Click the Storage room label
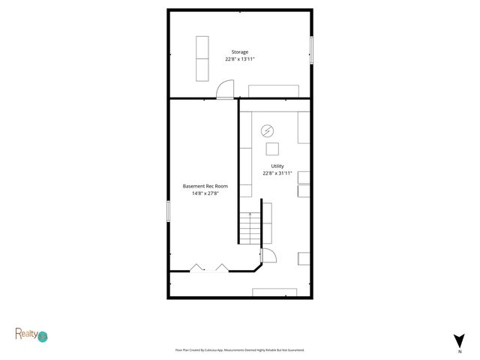coord(239,52)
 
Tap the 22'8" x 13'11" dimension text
coord(239,59)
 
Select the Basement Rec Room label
coord(205,186)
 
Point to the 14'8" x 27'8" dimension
coord(205,193)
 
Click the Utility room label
coord(277,166)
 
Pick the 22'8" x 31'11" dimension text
coord(277,172)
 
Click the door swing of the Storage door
coord(224,90)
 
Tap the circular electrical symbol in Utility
coord(267,131)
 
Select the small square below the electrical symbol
coord(272,148)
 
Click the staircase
coord(249,227)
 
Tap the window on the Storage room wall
coord(311,50)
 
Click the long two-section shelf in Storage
coord(202,58)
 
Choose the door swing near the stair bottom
coord(269,256)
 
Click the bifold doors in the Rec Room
coord(209,268)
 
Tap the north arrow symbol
coord(459,340)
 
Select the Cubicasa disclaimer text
coord(239,350)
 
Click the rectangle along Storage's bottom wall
coord(268,91)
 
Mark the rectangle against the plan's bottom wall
coord(274,292)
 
